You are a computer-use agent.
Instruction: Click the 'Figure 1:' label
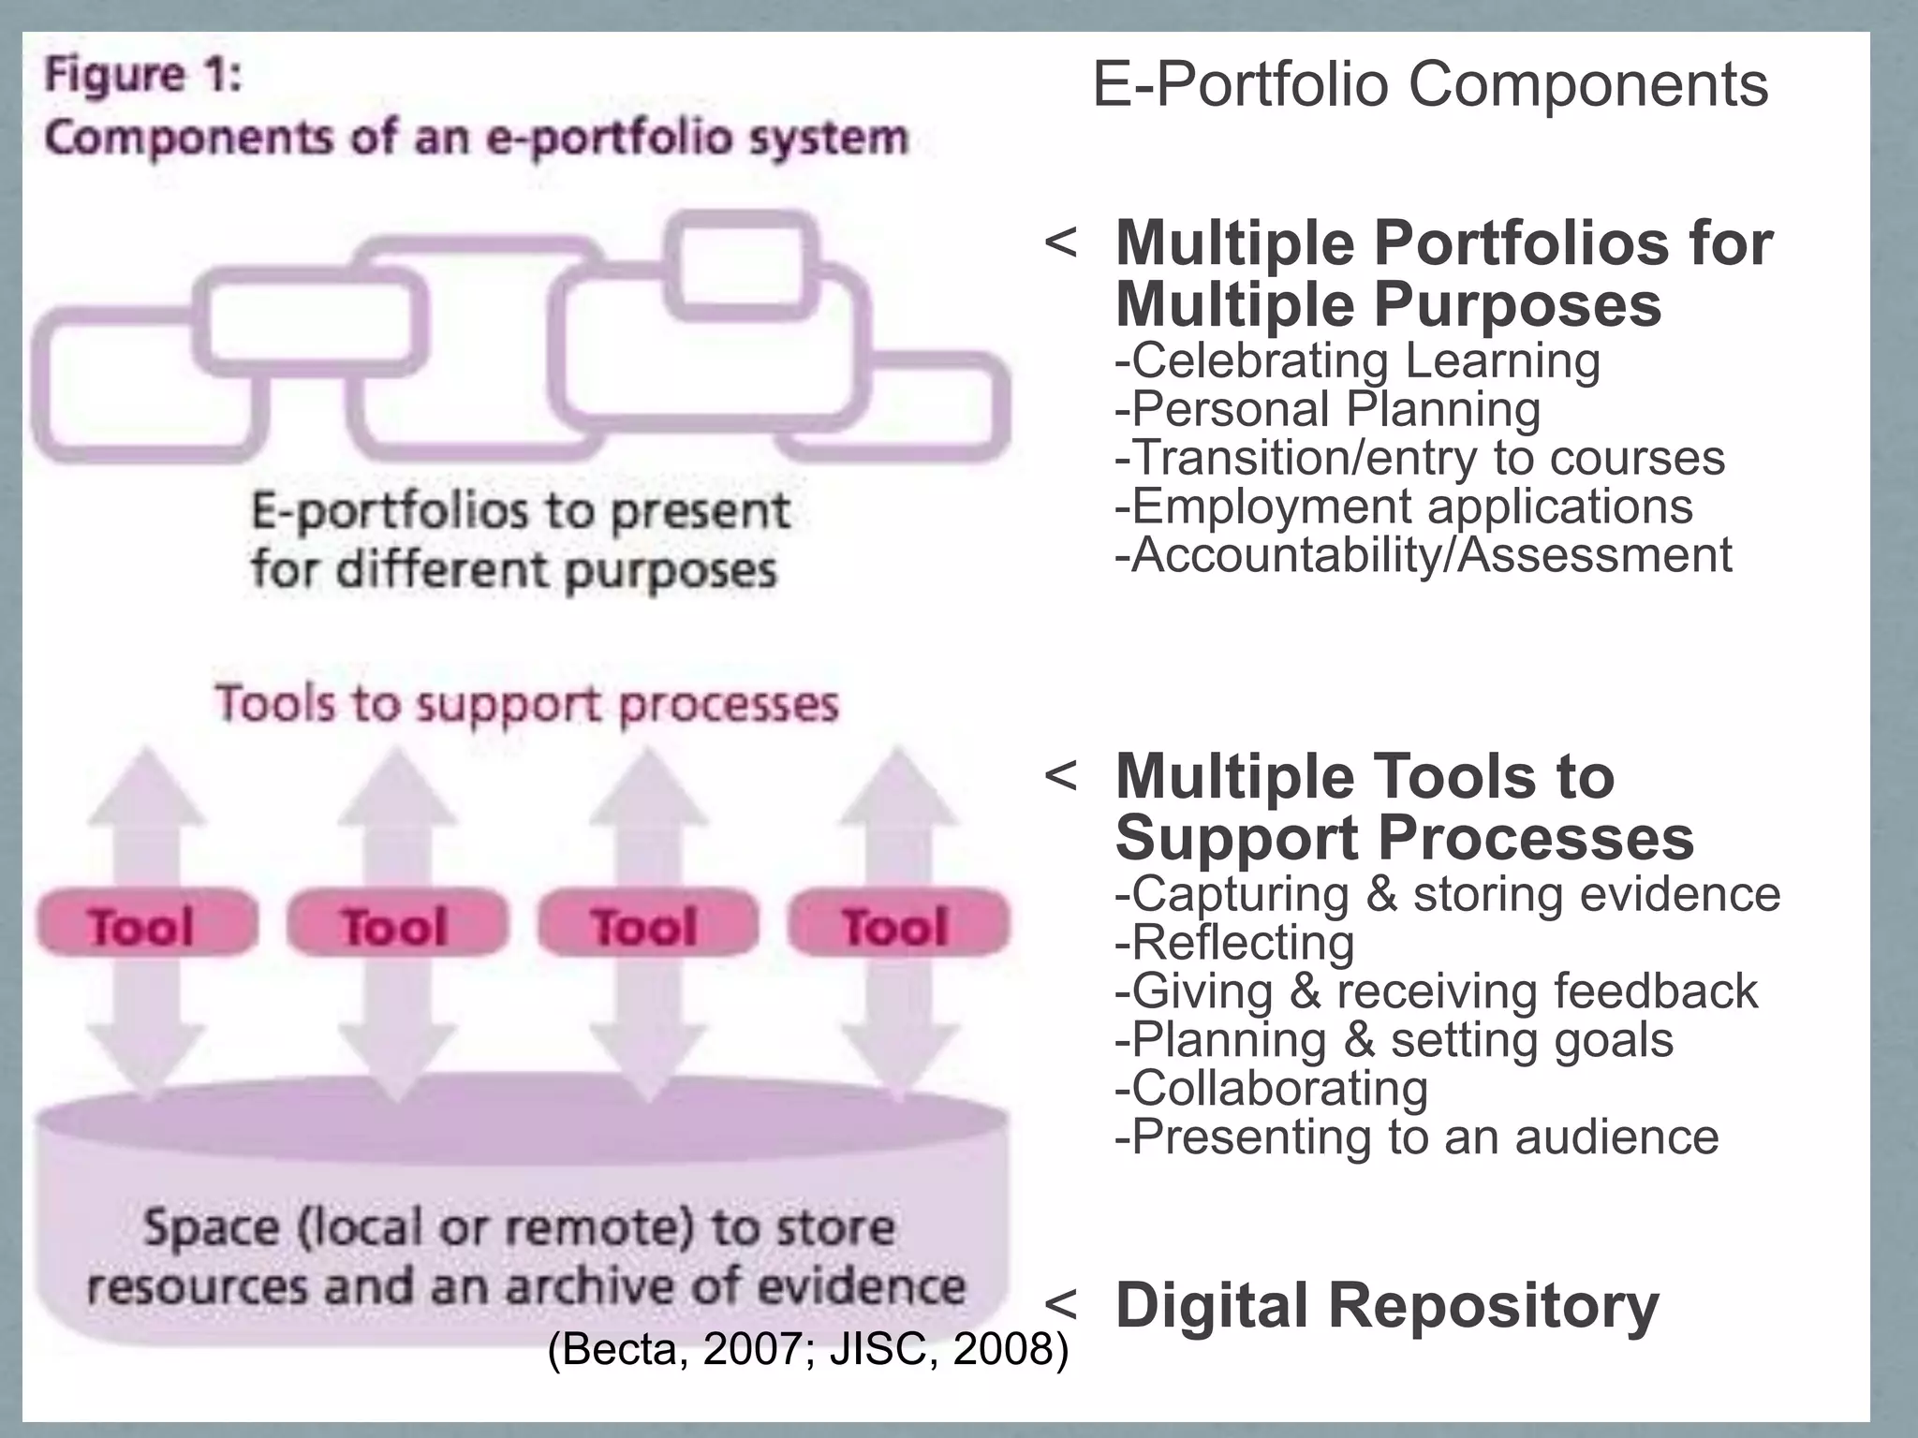143,75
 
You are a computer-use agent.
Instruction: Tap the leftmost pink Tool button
145,924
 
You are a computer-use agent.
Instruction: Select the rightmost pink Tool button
897,924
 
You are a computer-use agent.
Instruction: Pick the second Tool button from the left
396,924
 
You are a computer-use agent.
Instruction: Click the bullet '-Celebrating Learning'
1357,361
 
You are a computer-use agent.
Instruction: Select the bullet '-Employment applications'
1403,506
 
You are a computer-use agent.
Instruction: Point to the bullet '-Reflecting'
1234,943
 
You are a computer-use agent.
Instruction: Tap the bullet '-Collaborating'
1271,1089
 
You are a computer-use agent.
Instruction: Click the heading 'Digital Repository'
1386,1305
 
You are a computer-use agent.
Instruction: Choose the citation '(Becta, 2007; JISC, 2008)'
807,1349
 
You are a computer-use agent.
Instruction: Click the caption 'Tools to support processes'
526,704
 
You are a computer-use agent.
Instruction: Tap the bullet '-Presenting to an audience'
1416,1137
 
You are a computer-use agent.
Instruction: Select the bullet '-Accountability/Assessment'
1423,555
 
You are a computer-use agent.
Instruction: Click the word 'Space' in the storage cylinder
211,1228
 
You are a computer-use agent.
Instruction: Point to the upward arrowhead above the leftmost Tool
146,785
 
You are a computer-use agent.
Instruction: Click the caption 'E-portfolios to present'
520,511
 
